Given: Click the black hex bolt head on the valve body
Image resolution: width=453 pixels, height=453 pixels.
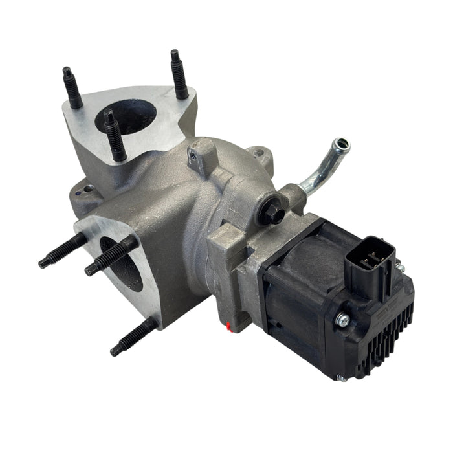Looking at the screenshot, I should tap(271, 213).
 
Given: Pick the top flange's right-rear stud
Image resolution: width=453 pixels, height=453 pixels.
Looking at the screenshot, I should tap(179, 74).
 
